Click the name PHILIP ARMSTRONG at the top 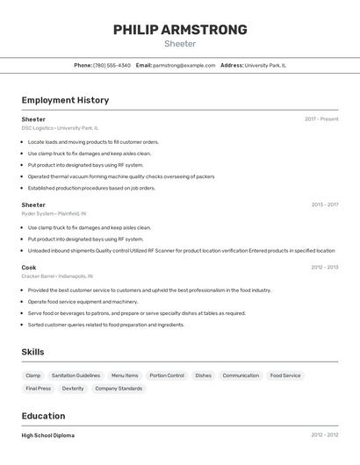180,30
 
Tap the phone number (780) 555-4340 112,65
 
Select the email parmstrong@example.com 184,65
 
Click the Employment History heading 65,100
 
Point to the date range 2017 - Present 321,119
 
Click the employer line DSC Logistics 60,128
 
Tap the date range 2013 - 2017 324,204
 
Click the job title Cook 29,267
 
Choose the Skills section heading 33,352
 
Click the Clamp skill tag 32,376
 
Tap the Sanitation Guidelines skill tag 76,376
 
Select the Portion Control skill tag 167,376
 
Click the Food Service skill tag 285,376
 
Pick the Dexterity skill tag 73,388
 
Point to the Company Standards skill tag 119,388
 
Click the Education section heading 43,416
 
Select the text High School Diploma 48,435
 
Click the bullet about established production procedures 91,188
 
